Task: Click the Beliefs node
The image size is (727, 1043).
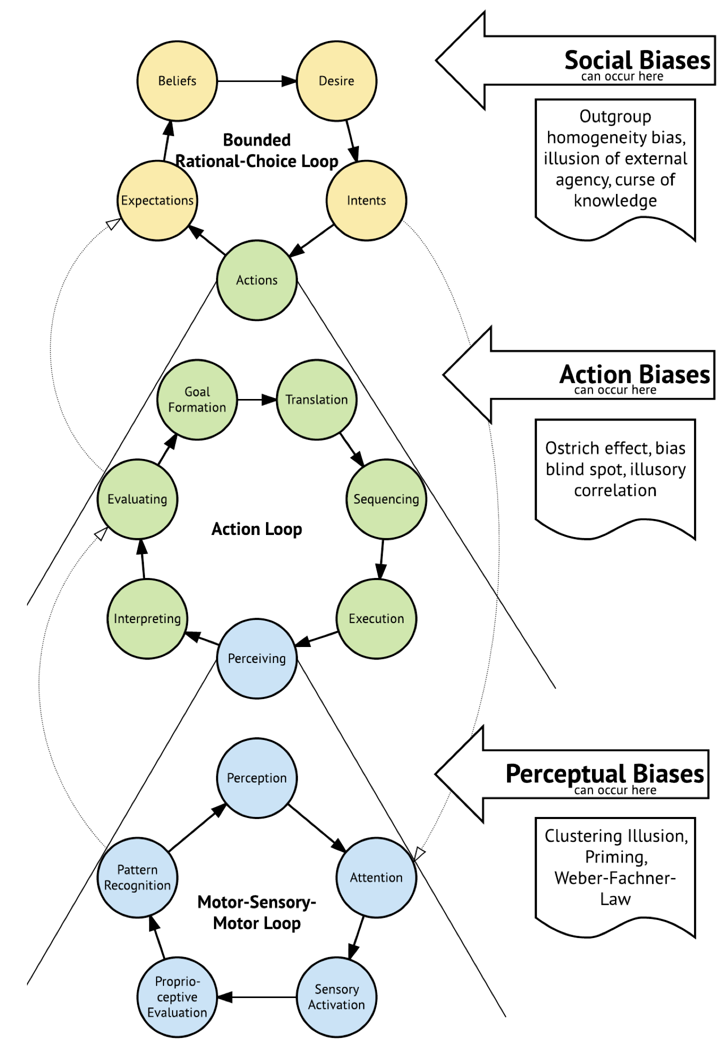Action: tap(177, 81)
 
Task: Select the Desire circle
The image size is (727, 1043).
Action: tap(336, 81)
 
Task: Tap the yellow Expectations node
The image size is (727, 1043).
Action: tap(157, 200)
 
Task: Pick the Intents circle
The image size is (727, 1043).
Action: tap(366, 200)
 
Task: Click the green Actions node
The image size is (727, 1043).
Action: tap(256, 280)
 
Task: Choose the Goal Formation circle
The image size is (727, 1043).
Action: tap(197, 399)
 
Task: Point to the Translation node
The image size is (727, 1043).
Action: tap(316, 399)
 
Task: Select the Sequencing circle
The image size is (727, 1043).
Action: tap(386, 499)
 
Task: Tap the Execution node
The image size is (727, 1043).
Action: tap(376, 618)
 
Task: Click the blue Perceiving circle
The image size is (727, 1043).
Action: tap(256, 658)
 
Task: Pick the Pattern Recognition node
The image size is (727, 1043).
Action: tap(137, 877)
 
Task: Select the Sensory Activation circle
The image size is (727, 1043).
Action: tap(336, 997)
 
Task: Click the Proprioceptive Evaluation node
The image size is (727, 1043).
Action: tap(177, 997)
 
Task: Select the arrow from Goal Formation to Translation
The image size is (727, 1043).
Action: tap(256, 399)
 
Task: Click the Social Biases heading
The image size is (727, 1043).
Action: tap(637, 60)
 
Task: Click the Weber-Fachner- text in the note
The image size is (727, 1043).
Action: tap(615, 878)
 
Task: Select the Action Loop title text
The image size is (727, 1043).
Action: tap(256, 529)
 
